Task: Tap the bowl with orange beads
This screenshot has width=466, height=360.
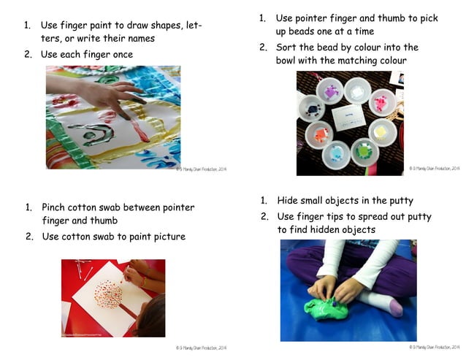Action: click(318, 134)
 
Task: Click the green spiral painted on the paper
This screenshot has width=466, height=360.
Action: click(97, 137)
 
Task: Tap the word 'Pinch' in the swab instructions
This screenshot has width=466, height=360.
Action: click(56, 207)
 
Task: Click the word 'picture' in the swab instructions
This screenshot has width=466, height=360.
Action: click(169, 236)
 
